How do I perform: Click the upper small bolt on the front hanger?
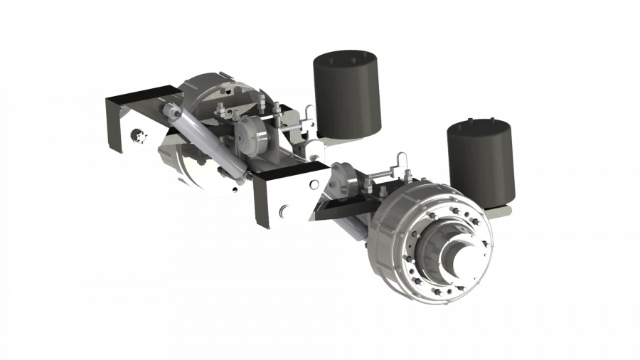click(x=313, y=184)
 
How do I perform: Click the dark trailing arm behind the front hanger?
click(x=348, y=210)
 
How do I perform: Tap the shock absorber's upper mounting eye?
click(x=171, y=110)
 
